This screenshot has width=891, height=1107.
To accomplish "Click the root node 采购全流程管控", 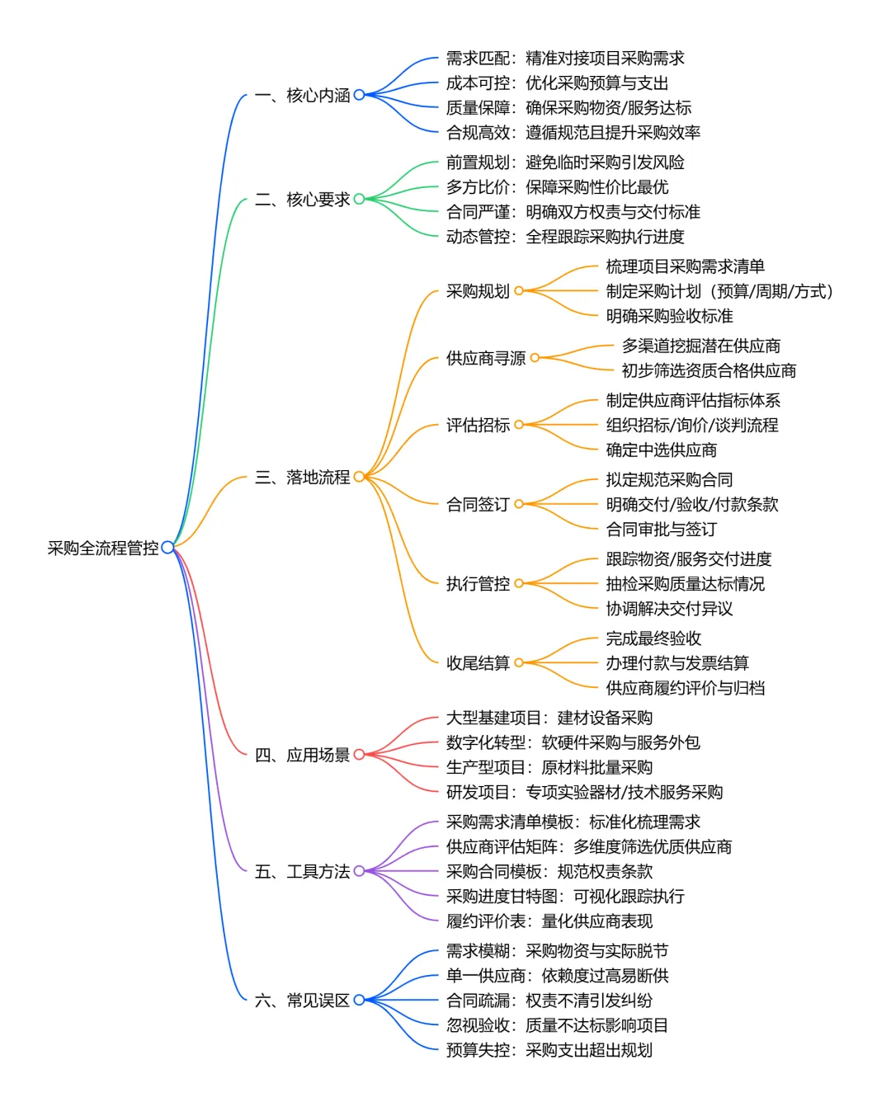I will click(x=103, y=548).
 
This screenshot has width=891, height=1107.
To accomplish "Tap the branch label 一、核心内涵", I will click(x=302, y=96).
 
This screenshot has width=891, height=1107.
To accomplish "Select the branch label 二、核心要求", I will click(x=302, y=200).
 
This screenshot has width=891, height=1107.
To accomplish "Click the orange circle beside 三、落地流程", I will click(x=359, y=477).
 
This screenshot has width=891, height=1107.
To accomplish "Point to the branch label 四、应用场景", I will click(x=302, y=755).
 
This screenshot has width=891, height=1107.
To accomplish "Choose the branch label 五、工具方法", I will click(x=302, y=872).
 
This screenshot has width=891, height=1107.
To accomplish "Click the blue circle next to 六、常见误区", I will click(x=359, y=1001).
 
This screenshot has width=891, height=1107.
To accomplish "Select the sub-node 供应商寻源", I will click(x=486, y=359).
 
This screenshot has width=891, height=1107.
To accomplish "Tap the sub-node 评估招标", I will click(x=478, y=426).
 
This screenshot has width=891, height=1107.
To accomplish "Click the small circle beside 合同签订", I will click(x=519, y=505).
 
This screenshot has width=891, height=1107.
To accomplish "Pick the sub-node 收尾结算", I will click(x=478, y=663).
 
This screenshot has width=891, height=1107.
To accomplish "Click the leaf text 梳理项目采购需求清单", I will click(x=685, y=266).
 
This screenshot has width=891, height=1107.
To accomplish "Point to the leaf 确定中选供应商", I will click(x=661, y=450).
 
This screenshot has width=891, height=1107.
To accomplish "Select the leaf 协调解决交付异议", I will click(x=669, y=609).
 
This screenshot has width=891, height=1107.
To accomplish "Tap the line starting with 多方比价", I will click(x=557, y=187).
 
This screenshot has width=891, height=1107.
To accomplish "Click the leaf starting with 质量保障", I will click(x=568, y=108).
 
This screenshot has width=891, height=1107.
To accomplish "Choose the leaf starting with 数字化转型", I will click(x=573, y=742).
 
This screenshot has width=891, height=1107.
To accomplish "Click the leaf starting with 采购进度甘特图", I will click(x=565, y=897).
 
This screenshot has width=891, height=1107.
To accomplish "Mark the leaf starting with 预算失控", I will click(x=549, y=1050).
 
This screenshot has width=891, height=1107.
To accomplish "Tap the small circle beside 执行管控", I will click(x=519, y=584).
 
